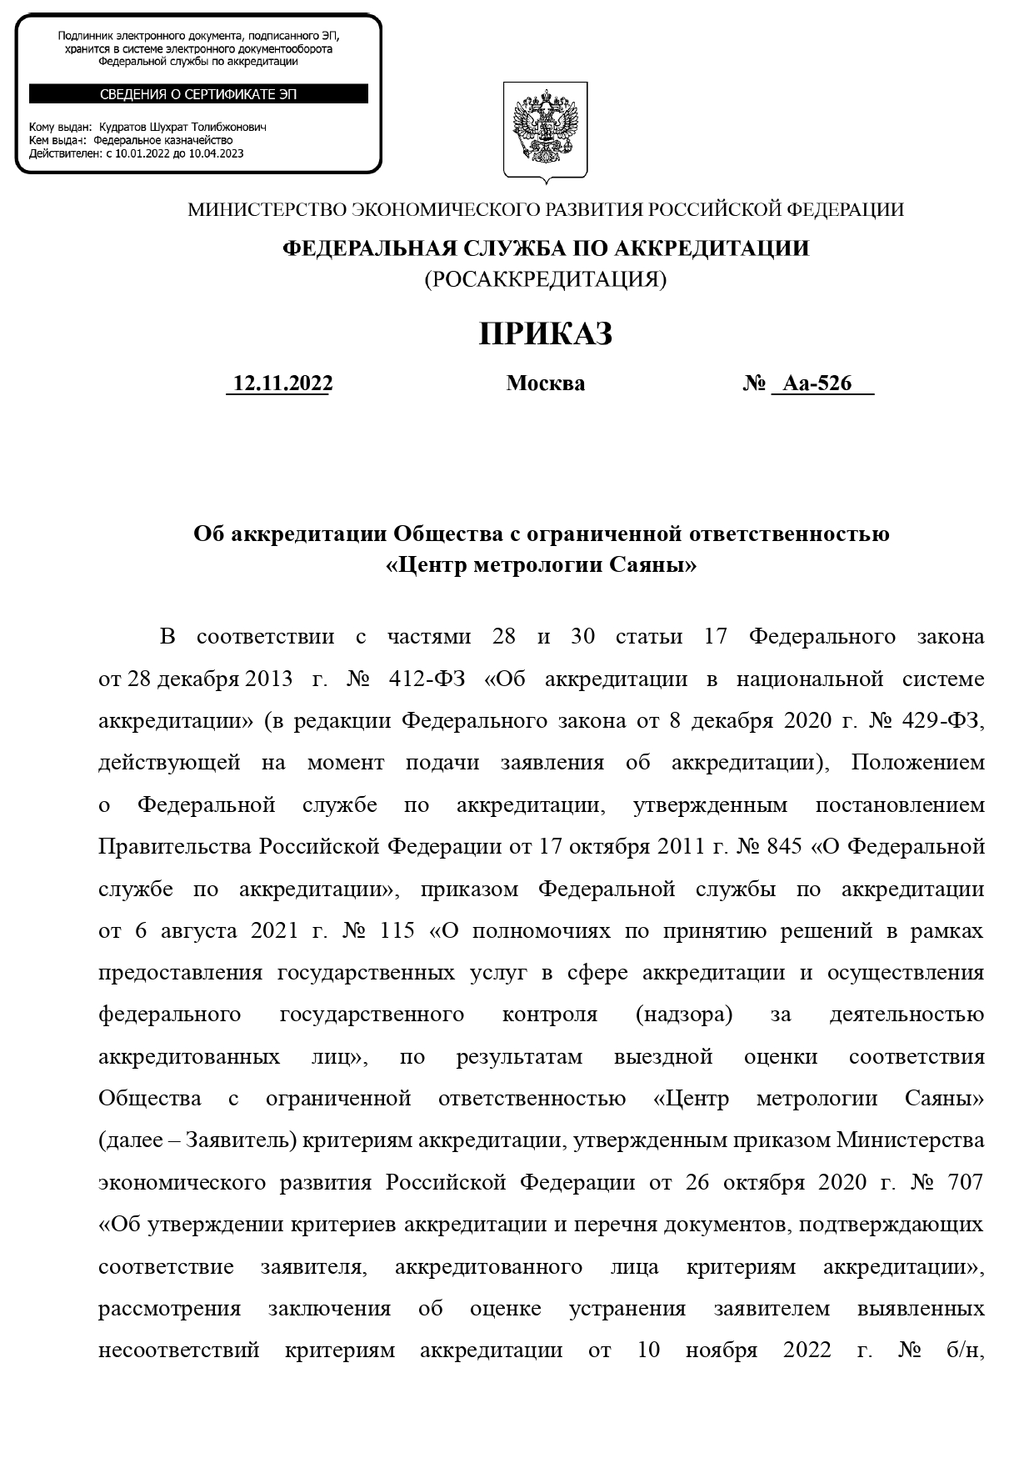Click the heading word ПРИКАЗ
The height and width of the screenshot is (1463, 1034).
pyautogui.click(x=546, y=334)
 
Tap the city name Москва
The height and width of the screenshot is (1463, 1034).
pyautogui.click(x=546, y=383)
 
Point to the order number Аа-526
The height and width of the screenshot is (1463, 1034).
pyautogui.click(x=818, y=383)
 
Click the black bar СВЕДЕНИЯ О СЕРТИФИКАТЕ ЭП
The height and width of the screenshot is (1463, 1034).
pyautogui.click(x=198, y=94)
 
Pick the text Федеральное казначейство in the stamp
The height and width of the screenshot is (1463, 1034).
pyautogui.click(x=162, y=141)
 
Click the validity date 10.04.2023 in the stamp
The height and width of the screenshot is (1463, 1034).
pyautogui.click(x=219, y=153)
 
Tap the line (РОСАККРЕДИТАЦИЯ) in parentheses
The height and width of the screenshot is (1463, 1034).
pyautogui.click(x=546, y=279)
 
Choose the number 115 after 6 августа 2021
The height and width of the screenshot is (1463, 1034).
pyautogui.click(x=397, y=931)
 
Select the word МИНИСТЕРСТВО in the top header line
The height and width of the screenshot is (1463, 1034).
pyautogui.click(x=267, y=210)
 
